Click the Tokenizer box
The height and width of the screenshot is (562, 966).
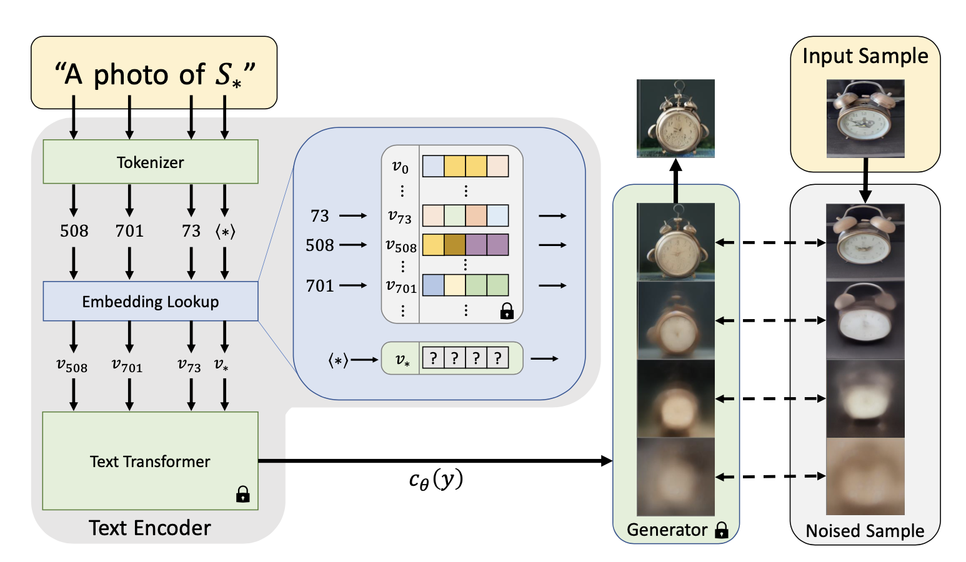[150, 162]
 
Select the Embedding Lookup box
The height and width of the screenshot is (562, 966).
[150, 301]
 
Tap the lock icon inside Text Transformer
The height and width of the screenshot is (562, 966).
[242, 495]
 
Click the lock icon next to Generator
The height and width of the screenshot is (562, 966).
[721, 530]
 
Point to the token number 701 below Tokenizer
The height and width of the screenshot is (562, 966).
[129, 231]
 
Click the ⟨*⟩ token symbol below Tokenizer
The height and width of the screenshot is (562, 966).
[225, 232]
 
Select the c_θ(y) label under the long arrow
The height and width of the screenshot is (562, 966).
[436, 480]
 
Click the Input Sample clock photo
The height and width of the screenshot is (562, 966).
[865, 118]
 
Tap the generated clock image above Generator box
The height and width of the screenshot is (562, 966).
[675, 118]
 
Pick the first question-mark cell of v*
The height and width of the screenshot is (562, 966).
[433, 358]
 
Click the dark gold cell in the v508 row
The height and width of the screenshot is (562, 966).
[454, 245]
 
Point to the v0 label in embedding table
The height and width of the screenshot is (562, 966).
[400, 166]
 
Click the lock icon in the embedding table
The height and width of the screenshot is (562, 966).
[507, 311]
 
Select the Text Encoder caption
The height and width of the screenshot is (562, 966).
[150, 528]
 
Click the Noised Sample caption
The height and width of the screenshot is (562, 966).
[865, 531]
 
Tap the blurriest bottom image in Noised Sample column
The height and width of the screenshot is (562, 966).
[865, 476]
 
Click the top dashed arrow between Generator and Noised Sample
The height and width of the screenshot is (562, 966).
[770, 242]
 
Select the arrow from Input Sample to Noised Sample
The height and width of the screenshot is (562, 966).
[865, 180]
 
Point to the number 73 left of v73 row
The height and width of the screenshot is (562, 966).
[319, 216]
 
